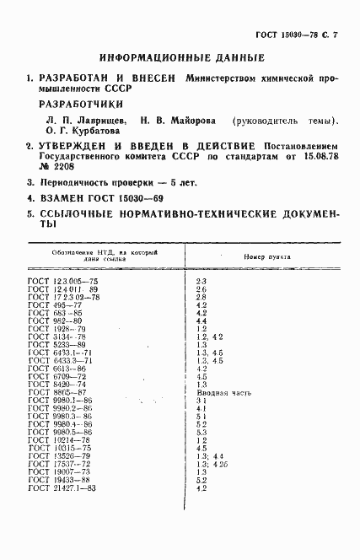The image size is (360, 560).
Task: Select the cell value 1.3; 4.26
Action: pos(211,464)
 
